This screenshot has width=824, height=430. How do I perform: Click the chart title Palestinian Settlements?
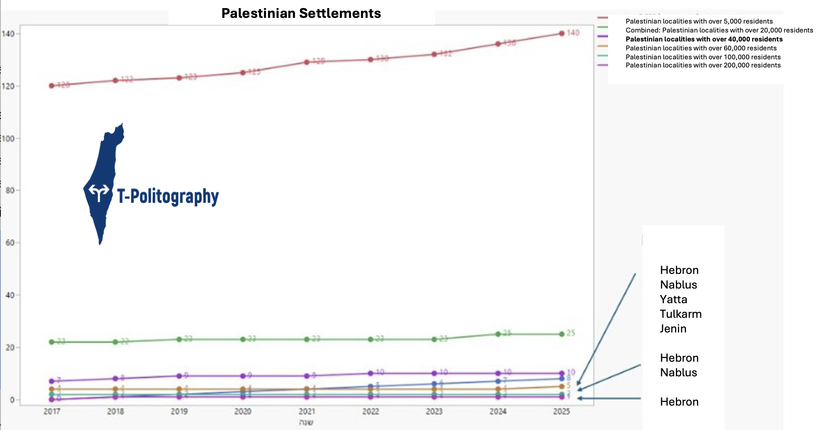(301, 13)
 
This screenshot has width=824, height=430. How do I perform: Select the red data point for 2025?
(562, 33)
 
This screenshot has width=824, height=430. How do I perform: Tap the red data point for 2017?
(52, 86)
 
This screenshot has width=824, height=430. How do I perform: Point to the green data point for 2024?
(498, 334)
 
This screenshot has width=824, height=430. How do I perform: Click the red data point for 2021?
(307, 62)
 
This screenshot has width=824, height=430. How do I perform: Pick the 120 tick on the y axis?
(8, 86)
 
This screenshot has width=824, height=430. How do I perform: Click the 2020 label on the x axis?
(243, 411)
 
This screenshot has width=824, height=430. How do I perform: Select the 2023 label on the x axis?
(434, 411)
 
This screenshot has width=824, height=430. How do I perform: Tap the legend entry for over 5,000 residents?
(699, 21)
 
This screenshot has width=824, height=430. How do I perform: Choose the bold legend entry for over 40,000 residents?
(704, 39)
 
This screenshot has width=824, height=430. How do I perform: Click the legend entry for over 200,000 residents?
(703, 65)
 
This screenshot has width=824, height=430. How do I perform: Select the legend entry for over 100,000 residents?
(703, 57)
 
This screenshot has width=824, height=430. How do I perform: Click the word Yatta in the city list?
(673, 300)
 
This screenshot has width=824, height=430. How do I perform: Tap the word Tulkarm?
(681, 314)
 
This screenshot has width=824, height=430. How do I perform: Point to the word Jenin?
(673, 329)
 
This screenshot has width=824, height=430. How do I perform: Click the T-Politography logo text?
(168, 196)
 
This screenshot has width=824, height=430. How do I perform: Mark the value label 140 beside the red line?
(573, 33)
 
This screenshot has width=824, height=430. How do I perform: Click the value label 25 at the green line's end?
(571, 333)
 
